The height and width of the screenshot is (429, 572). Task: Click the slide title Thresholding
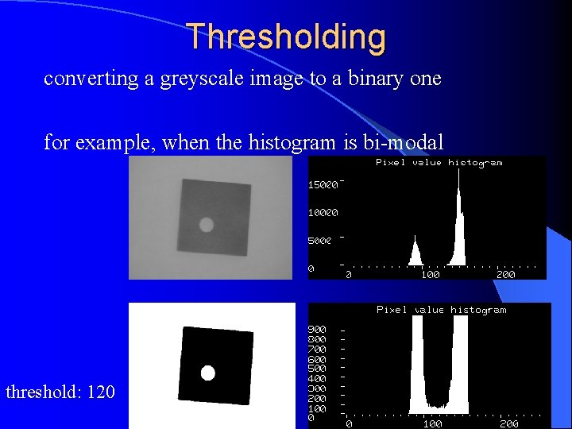pyautogui.click(x=286, y=37)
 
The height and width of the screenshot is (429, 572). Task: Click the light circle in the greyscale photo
pyautogui.click(x=207, y=225)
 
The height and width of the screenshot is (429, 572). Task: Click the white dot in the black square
pyautogui.click(x=208, y=373)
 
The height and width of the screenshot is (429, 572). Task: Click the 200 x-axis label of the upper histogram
pyautogui.click(x=505, y=275)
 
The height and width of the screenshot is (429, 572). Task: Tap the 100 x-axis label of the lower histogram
pyautogui.click(x=432, y=424)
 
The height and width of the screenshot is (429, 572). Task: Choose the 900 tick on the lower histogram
pyautogui.click(x=316, y=329)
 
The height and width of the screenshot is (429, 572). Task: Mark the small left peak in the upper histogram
pyautogui.click(x=415, y=253)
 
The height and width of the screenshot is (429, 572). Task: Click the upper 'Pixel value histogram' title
pyautogui.click(x=439, y=162)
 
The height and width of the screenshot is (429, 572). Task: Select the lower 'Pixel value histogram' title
pyautogui.click(x=441, y=310)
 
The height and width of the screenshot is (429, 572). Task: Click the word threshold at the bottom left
pyautogui.click(x=38, y=392)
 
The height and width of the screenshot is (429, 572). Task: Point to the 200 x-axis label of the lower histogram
pyautogui.click(x=508, y=424)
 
